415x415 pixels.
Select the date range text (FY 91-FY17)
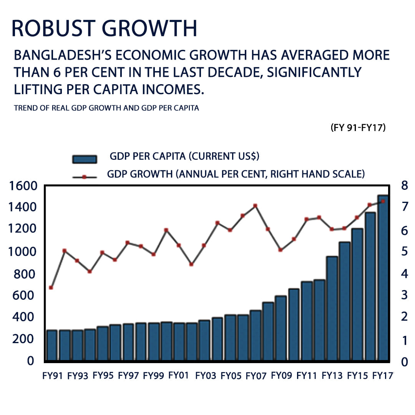tap(358, 128)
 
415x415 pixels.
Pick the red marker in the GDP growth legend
tap(85, 177)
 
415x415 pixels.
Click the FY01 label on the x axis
tap(179, 375)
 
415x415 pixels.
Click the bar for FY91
tap(51, 345)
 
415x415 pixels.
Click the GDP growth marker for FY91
tap(51, 287)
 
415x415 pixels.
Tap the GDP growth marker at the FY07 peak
tap(255, 206)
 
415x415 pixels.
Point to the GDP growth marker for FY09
tap(281, 250)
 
